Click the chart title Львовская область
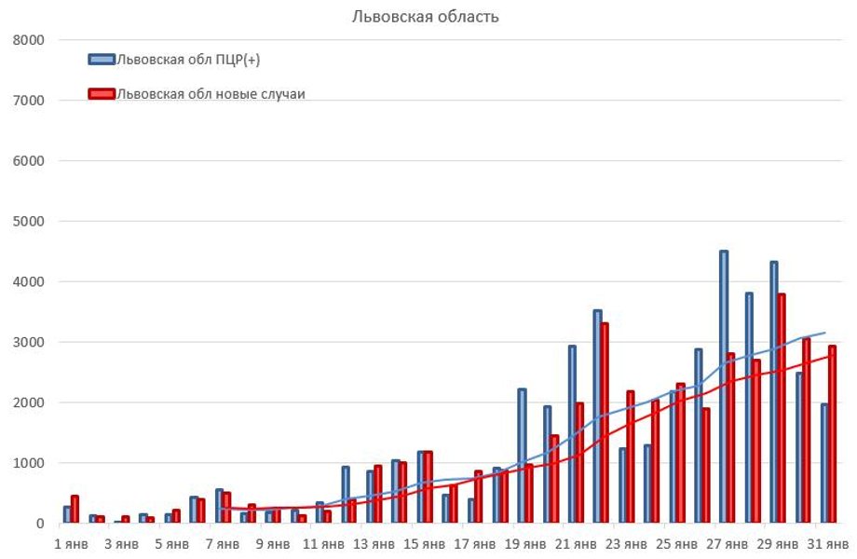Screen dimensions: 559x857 425,17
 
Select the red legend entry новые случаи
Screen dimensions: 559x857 210,93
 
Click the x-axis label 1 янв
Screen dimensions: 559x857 72,542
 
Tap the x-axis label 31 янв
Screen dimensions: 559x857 827,542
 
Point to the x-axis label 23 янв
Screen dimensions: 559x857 626,542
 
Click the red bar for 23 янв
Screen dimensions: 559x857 630,457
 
